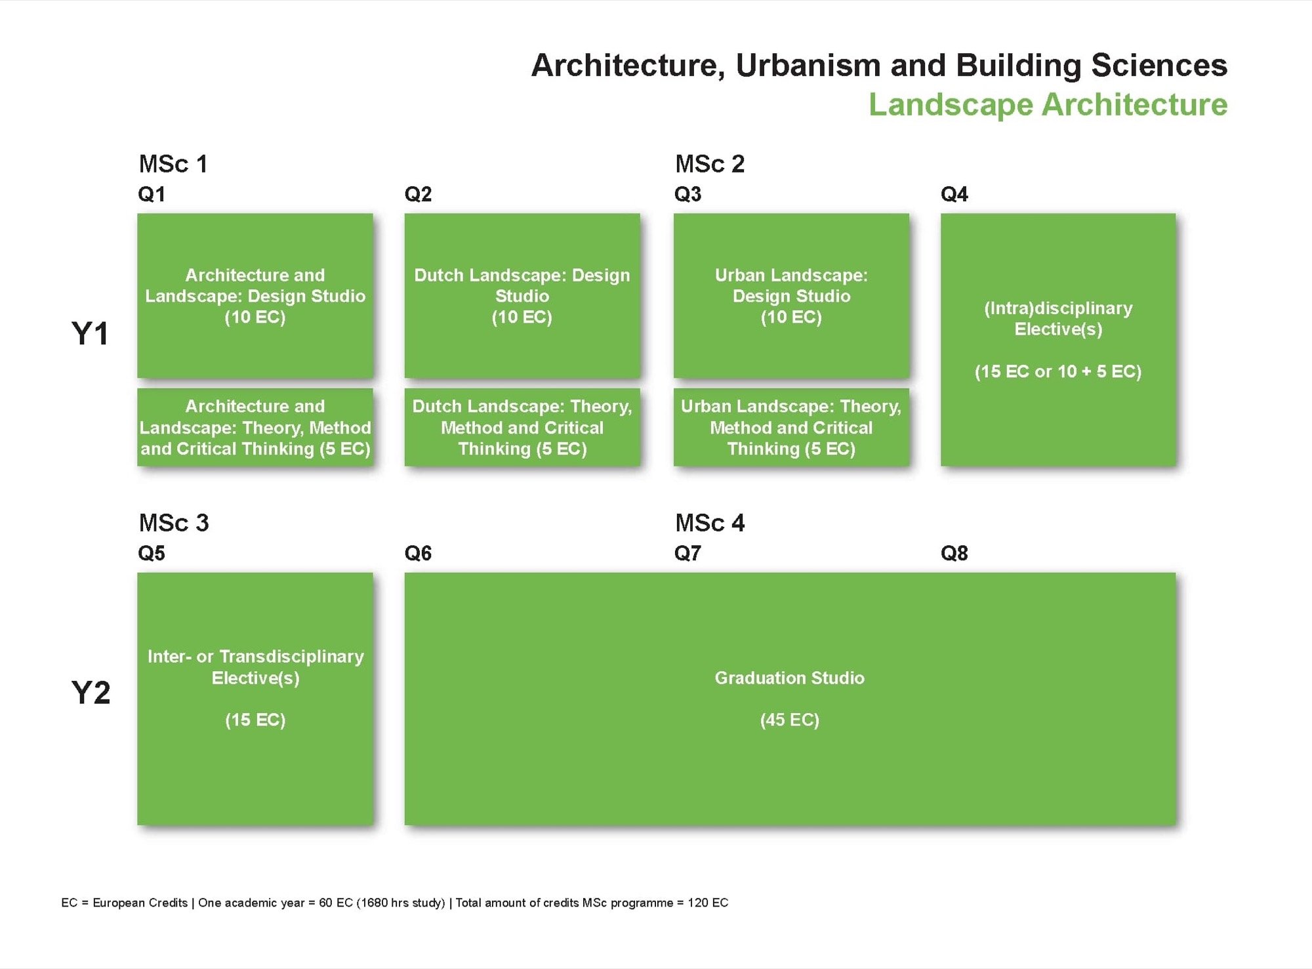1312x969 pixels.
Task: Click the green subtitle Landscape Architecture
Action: pyautogui.click(x=1048, y=105)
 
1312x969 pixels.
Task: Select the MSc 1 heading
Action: pyautogui.click(x=173, y=164)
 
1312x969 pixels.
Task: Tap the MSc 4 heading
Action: pyautogui.click(x=710, y=523)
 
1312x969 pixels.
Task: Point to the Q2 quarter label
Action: pyautogui.click(x=418, y=194)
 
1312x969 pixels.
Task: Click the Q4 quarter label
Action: pyautogui.click(x=954, y=194)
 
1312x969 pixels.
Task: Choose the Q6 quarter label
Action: pyautogui.click(x=418, y=553)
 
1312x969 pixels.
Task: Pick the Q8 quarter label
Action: pyautogui.click(x=954, y=553)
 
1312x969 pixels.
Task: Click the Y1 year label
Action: pyautogui.click(x=90, y=334)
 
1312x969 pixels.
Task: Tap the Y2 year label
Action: pyautogui.click(x=91, y=693)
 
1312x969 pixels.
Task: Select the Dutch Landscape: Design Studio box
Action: pyautogui.click(x=522, y=295)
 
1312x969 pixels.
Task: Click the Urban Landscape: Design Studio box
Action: pyautogui.click(x=791, y=295)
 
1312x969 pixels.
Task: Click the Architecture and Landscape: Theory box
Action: pyautogui.click(x=255, y=427)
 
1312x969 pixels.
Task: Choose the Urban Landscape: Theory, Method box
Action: pyautogui.click(x=791, y=427)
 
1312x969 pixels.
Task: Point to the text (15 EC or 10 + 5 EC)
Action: pyautogui.click(x=1057, y=371)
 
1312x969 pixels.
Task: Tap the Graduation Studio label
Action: pyautogui.click(x=789, y=678)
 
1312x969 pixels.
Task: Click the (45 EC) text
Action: pyautogui.click(x=789, y=720)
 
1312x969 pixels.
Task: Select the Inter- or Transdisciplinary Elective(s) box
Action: pyautogui.click(x=255, y=698)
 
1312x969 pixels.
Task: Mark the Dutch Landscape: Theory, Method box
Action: pyautogui.click(x=522, y=427)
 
